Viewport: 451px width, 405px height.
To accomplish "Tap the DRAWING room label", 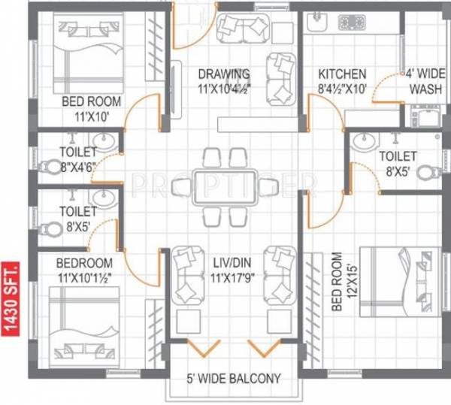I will (x=224, y=74).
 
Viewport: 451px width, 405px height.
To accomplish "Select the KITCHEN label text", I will (x=341, y=74).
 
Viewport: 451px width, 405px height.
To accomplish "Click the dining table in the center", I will (x=225, y=185).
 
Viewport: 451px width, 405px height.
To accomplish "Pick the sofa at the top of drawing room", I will (x=242, y=29).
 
